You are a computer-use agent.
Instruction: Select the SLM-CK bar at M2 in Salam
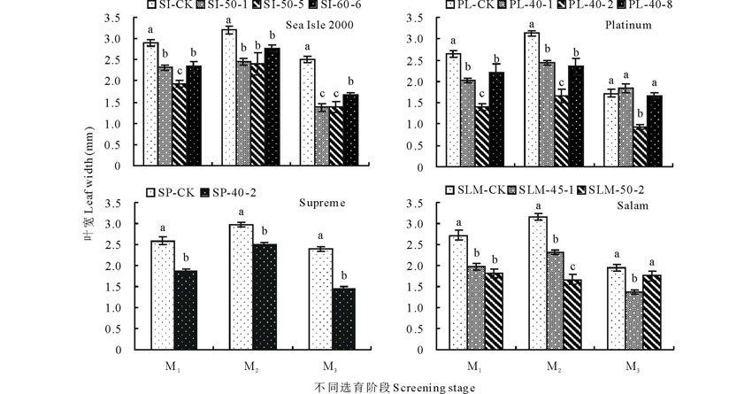point(537,283)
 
